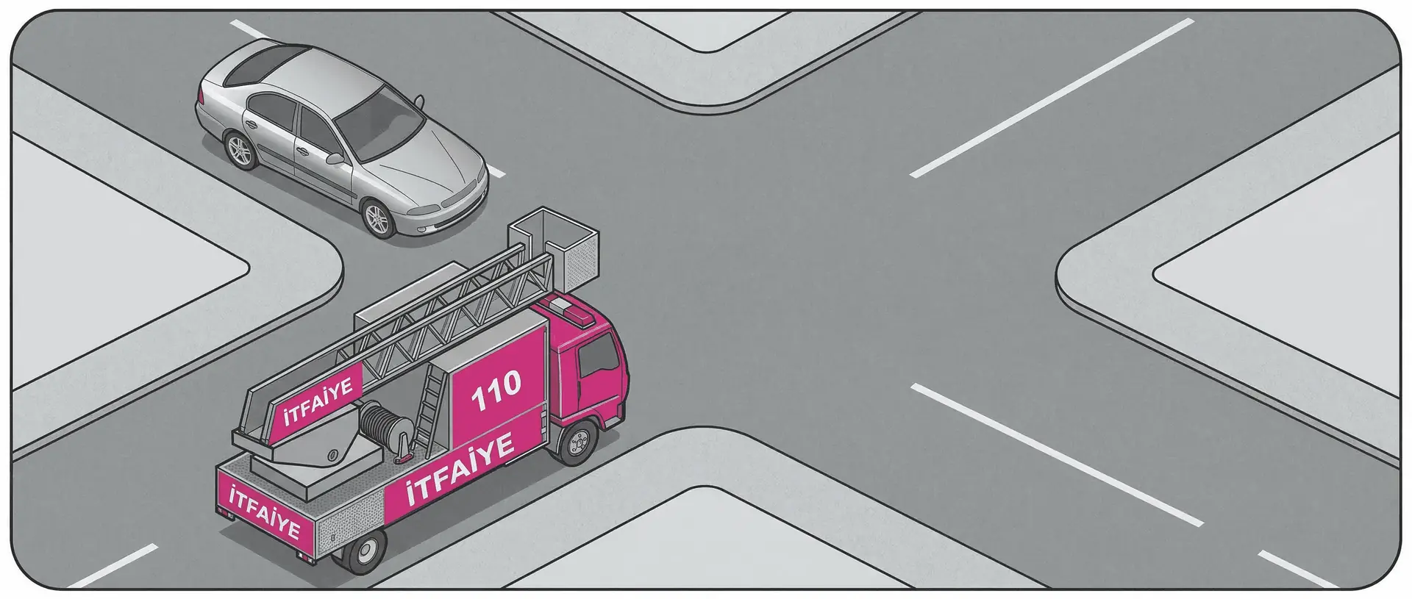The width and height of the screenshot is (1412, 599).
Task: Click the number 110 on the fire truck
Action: pos(496,390)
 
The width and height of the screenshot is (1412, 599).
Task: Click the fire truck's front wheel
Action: pos(578,442)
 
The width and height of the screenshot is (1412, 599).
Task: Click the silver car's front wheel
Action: pos(378,218)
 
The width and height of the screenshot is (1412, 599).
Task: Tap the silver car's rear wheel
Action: pos(240,151)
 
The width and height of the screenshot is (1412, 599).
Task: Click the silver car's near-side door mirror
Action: pos(335,158)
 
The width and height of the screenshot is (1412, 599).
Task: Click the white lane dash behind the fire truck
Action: pos(113,567)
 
